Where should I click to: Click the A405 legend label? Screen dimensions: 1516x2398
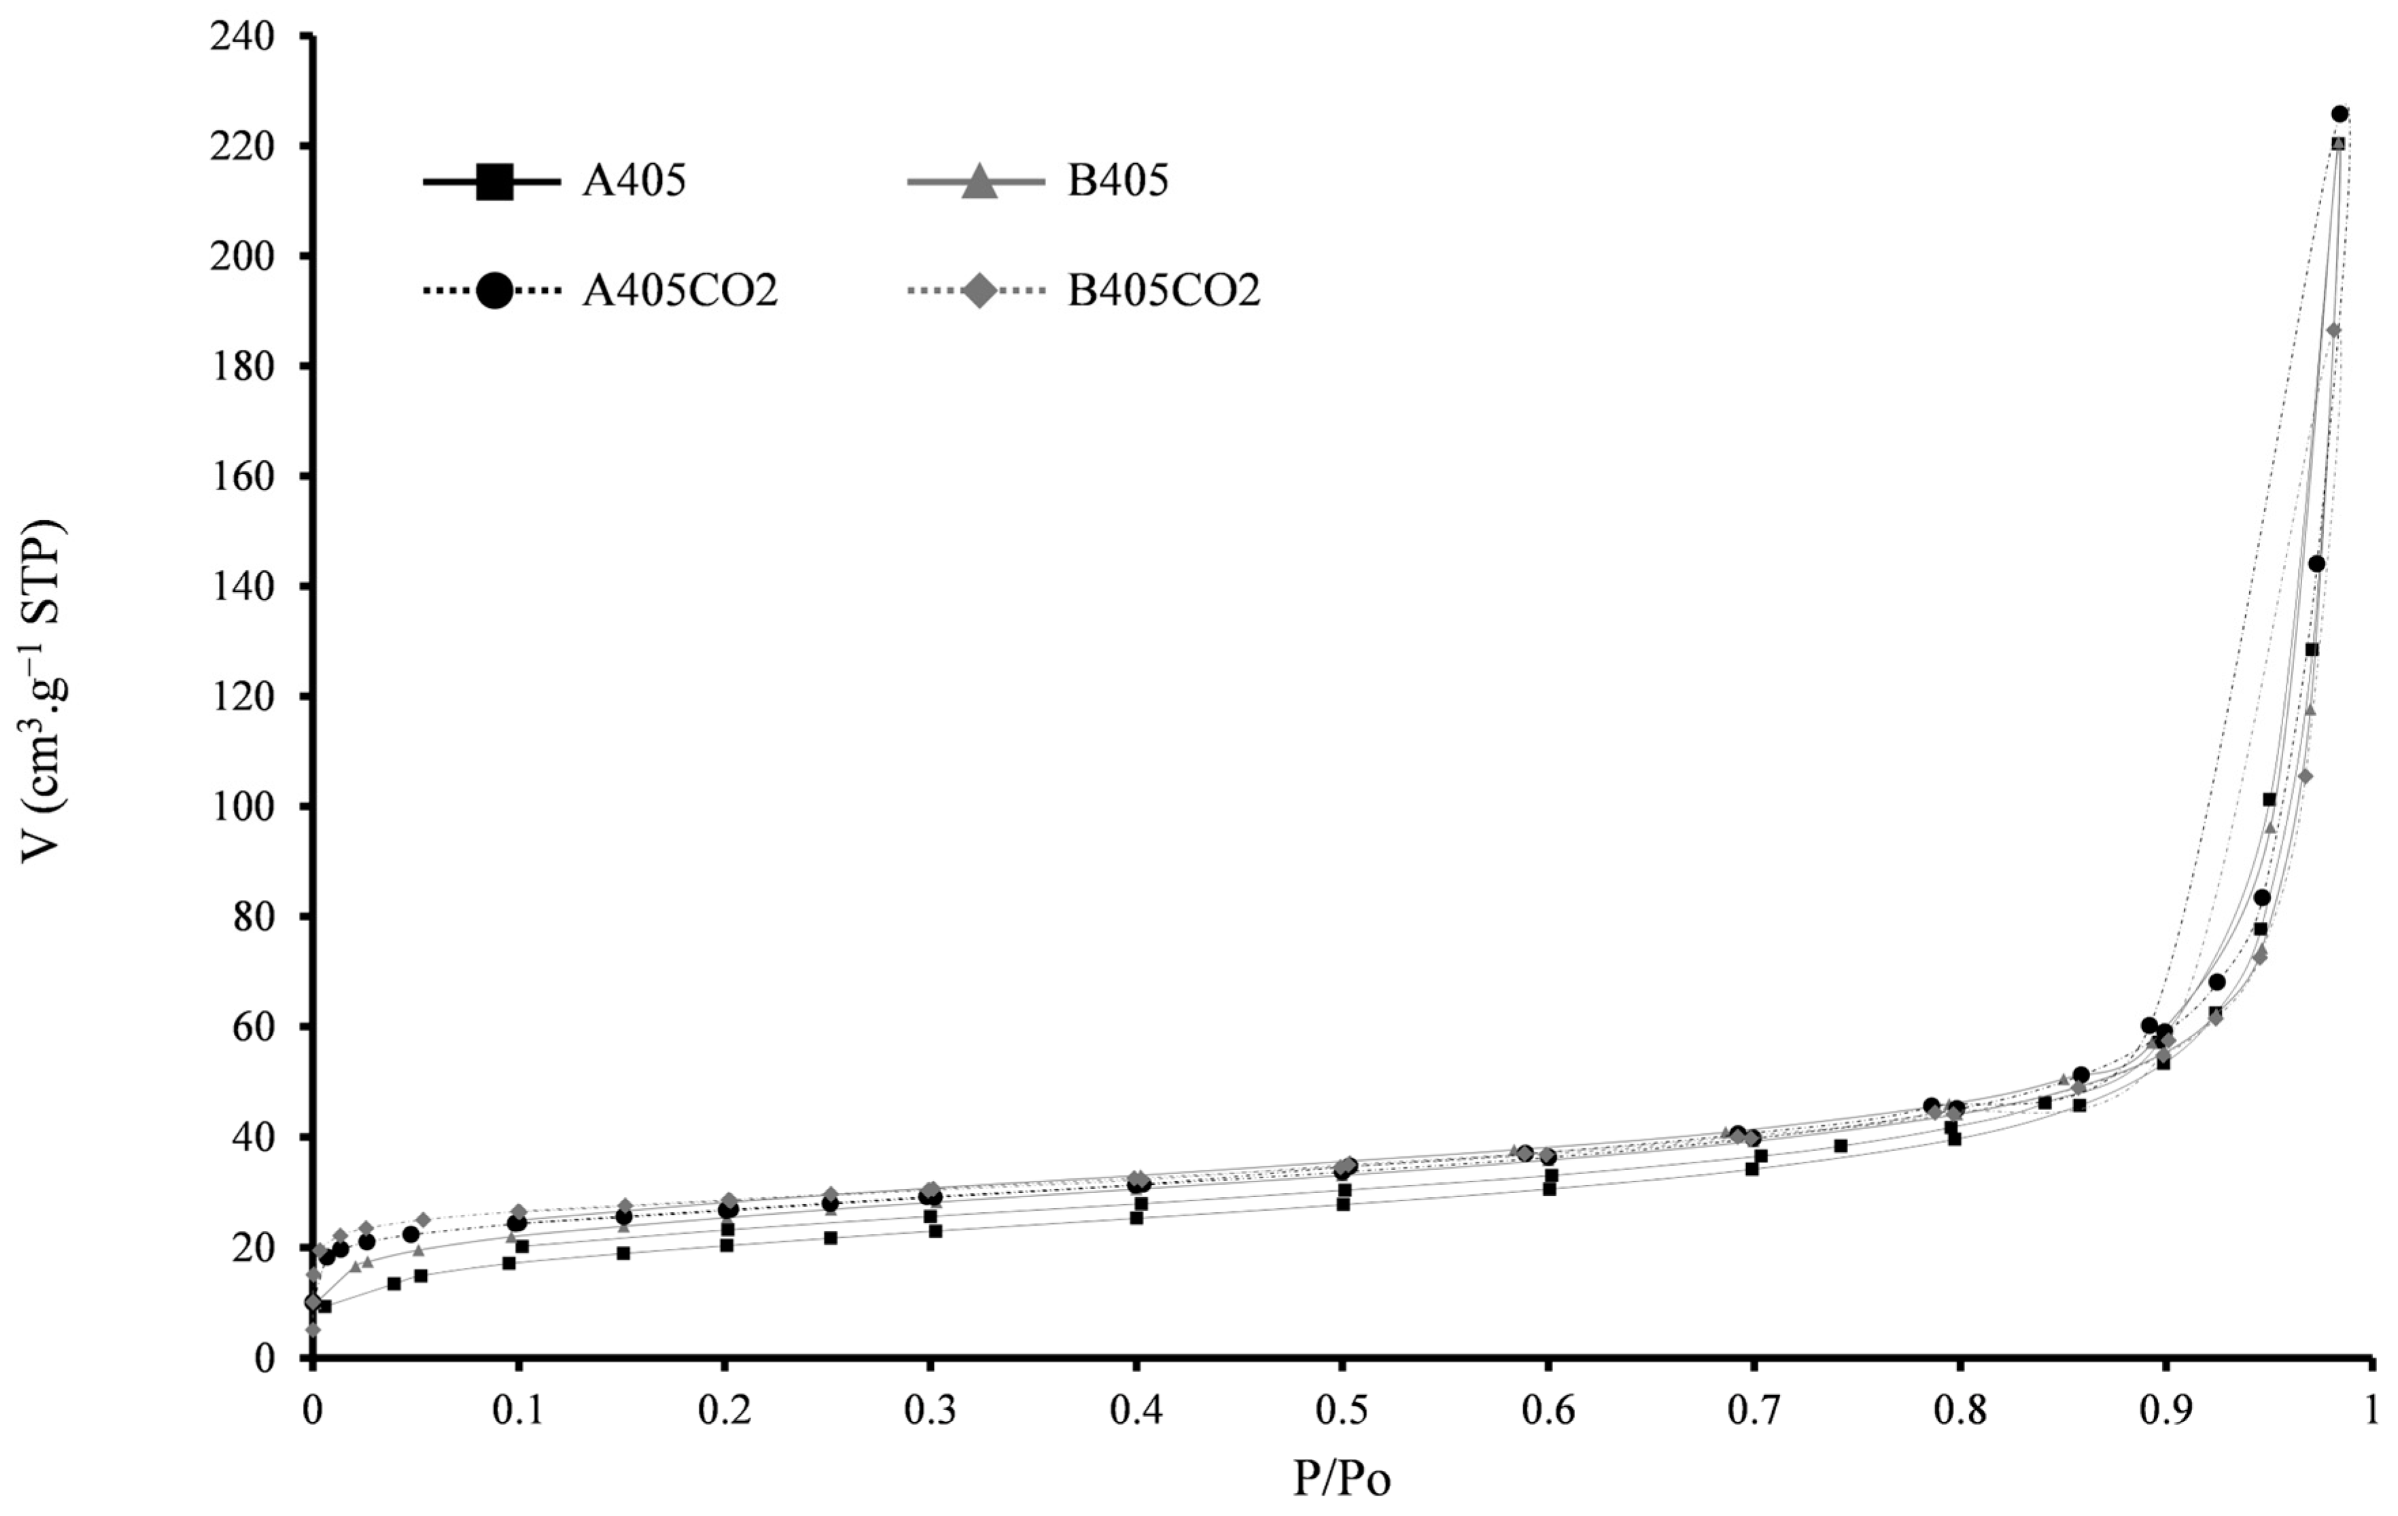pos(634,182)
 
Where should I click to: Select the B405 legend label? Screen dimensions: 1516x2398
pos(1118,182)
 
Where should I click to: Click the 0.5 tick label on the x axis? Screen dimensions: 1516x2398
pos(1342,1411)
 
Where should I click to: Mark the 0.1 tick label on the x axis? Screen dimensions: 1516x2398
pos(518,1411)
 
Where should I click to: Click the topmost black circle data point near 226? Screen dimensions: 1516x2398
pos(2340,114)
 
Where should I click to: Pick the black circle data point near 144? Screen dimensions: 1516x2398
pos(2316,564)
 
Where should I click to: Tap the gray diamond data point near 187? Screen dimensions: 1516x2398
pos(2334,330)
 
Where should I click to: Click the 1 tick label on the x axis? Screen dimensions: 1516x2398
pos(2373,1411)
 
